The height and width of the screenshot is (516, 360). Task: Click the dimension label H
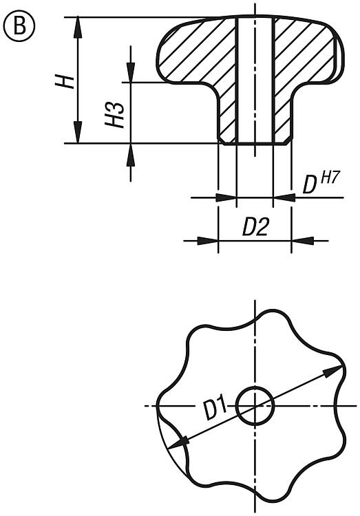65,81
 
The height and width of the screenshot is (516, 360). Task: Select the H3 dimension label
114,114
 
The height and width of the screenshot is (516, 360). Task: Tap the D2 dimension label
255,227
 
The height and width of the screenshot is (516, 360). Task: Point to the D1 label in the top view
215,407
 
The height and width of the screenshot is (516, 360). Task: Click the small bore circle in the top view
255,405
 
